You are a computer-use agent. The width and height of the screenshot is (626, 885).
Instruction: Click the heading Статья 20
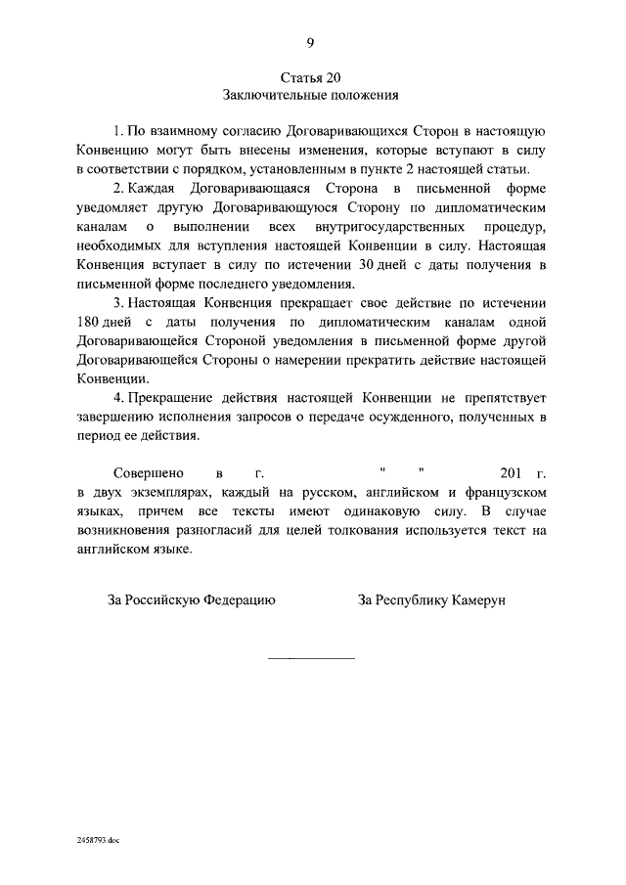(311, 77)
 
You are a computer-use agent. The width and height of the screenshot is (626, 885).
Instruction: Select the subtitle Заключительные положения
(311, 96)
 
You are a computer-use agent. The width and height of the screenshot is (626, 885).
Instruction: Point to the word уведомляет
(118, 208)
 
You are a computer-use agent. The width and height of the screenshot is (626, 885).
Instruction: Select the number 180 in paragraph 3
(93, 323)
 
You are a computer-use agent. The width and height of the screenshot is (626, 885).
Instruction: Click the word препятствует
(502, 399)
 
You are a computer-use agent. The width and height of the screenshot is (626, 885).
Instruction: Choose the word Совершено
(146, 474)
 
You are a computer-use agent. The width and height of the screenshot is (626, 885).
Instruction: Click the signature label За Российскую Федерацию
(191, 600)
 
